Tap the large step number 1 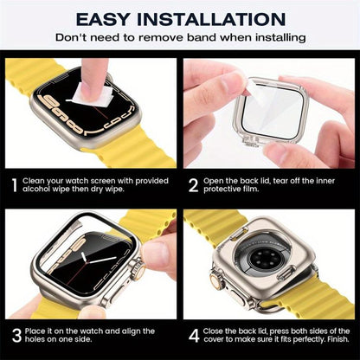click(x=14, y=184)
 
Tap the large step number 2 click(x=195, y=184)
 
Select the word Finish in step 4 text click(x=333, y=339)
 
